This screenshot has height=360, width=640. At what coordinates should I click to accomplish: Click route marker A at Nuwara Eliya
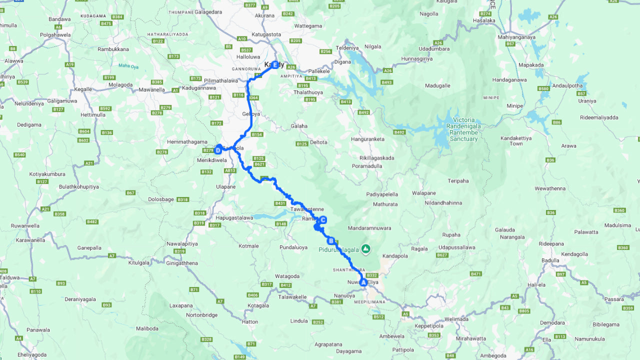tap(363, 282)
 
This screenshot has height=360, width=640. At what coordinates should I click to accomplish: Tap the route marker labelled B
tap(330, 241)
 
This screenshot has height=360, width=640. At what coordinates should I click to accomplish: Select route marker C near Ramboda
tap(323, 219)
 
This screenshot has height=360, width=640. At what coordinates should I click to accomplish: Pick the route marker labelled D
tap(218, 150)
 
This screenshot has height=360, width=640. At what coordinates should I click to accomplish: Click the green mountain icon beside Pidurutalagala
tap(366, 248)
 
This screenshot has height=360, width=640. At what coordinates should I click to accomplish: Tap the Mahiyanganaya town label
tap(516, 37)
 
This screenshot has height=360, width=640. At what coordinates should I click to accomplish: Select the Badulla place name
tap(550, 260)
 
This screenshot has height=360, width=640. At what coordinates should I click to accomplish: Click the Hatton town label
tap(250, 321)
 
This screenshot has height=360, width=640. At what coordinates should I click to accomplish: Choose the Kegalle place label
tap(82, 89)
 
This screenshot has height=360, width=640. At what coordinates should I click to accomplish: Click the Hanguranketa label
tap(368, 138)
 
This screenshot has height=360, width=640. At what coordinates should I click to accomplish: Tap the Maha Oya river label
tap(128, 65)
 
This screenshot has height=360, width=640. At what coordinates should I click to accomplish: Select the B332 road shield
tap(371, 275)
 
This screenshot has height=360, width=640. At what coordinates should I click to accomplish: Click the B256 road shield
tap(325, 51)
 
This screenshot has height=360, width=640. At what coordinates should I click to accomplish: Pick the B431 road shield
tap(280, 203)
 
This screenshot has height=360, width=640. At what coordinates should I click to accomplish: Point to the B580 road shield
tap(543, 88)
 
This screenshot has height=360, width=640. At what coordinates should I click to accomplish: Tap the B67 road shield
tap(130, 192)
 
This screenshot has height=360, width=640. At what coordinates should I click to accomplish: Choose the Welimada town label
tap(456, 319)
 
